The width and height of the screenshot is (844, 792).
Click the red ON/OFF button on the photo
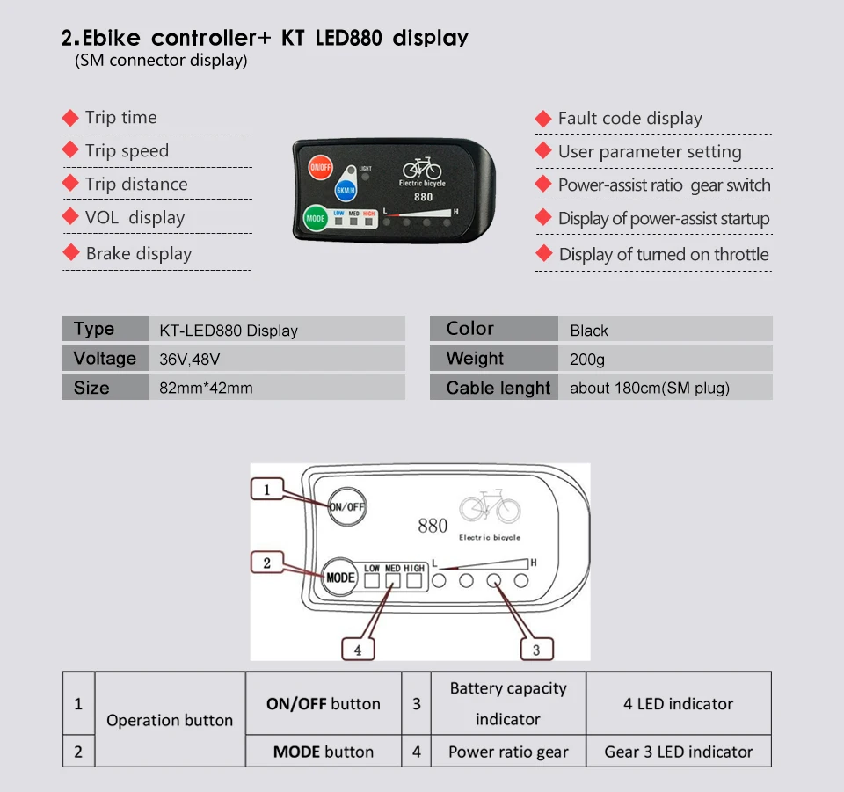[x=320, y=166]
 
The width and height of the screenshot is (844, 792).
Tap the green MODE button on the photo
[x=316, y=218]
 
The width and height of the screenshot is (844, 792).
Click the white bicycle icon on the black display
[x=422, y=168]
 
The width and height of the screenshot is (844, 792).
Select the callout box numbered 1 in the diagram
[x=267, y=490]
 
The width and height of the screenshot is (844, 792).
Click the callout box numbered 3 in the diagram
[x=536, y=650]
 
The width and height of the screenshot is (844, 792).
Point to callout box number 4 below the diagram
[x=358, y=650]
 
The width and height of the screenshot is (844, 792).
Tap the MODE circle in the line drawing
[x=340, y=578]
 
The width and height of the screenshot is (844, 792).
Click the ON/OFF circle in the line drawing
[x=346, y=506]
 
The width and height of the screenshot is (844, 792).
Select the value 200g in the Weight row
[x=587, y=359]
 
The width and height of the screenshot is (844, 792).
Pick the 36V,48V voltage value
[x=189, y=359]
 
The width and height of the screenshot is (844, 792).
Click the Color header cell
[x=470, y=329]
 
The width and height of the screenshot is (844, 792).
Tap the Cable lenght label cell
[x=498, y=388]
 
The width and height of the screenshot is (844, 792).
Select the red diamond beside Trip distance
[x=70, y=184]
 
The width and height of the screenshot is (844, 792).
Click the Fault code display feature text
[x=629, y=118]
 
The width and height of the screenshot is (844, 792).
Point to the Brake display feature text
[x=138, y=253]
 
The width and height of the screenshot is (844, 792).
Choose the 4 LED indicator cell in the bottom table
[x=678, y=703]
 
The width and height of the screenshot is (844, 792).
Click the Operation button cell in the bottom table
[x=170, y=720]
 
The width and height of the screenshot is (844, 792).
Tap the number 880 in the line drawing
[x=433, y=526]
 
